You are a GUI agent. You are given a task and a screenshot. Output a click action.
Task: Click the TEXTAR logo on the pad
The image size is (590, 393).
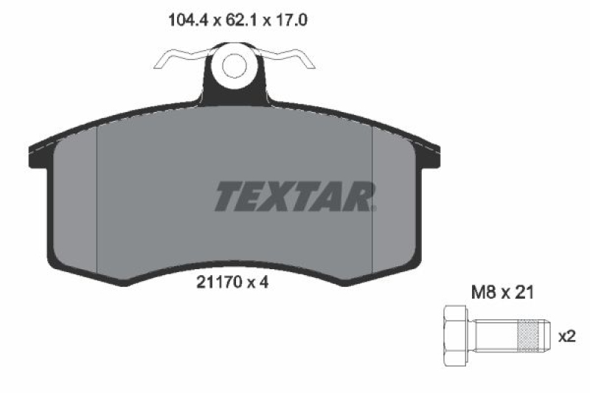pos(296,196)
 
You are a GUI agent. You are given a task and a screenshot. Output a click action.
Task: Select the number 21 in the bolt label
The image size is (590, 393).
pos(525,293)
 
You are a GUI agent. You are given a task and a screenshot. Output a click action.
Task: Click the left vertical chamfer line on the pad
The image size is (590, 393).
pos(98,199)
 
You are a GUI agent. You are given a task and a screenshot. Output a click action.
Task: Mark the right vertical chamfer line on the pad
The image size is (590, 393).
pos(373,199)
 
